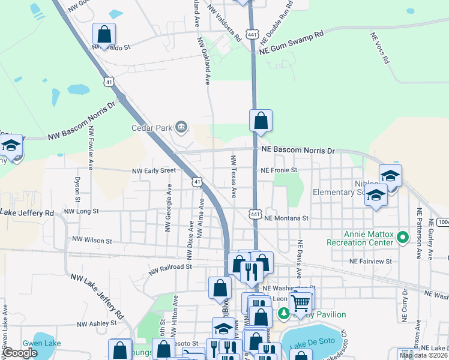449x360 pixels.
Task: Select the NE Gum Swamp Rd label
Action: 292,43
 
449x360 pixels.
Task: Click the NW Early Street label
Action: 154,170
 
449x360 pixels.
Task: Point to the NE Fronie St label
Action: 279,170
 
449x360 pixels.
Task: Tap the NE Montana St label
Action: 286,219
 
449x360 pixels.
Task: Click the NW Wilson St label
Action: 92,241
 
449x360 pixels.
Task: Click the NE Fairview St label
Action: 371,262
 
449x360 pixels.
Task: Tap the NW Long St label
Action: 81,212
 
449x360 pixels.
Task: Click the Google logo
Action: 20,353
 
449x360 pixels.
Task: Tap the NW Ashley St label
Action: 96,323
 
